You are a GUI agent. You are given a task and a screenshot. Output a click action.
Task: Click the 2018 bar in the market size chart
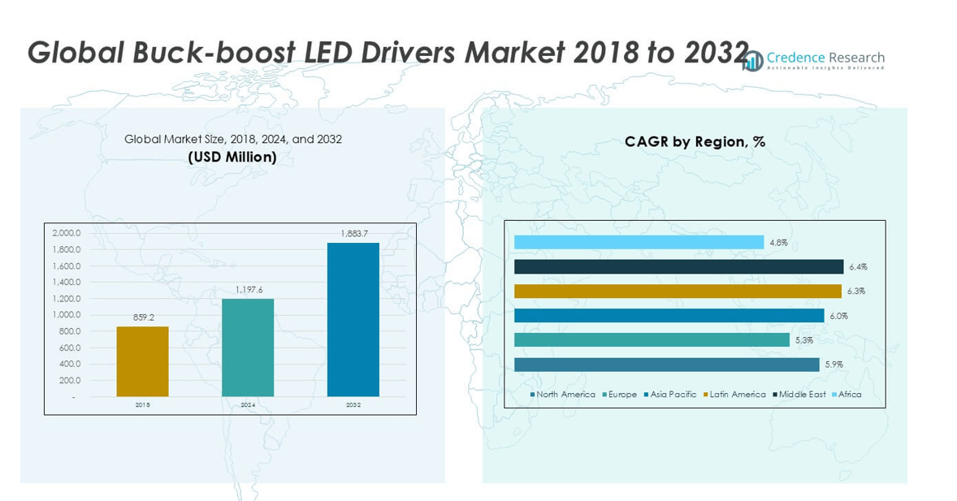coord(143,361)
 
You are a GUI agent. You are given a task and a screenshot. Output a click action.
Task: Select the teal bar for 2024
coord(248,348)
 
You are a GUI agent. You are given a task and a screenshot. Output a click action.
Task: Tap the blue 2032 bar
coord(353,320)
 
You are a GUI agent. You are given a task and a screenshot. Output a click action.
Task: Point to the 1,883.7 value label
coord(353,234)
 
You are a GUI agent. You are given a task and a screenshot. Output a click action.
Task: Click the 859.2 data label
coord(143,318)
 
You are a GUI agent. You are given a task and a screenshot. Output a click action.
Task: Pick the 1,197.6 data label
coord(248,290)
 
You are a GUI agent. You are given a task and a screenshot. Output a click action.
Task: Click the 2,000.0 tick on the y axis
coord(67,233)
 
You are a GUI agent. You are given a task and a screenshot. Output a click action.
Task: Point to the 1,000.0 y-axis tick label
coord(67,315)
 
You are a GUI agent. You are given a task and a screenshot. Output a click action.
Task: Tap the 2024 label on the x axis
coord(248,404)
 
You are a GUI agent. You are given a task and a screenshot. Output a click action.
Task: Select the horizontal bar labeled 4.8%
coord(639,242)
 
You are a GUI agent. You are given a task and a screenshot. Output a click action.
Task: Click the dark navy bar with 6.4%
coord(678,266)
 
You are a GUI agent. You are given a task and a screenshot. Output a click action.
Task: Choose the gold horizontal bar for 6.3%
coord(678,291)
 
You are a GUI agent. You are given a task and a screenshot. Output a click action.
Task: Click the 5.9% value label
coord(834,365)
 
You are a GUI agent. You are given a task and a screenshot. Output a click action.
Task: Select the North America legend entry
coord(562,395)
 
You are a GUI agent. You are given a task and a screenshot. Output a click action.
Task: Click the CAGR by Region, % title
coord(695,141)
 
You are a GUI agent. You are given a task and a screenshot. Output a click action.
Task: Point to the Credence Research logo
coord(813,60)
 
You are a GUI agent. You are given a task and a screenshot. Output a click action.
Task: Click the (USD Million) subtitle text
coord(232,157)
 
